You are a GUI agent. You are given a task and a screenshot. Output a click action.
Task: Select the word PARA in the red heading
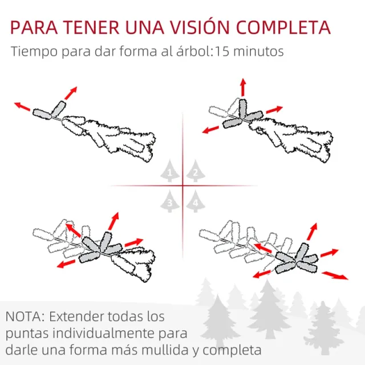point(35,28)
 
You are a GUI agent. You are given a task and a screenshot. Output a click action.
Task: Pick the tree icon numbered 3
point(169,200)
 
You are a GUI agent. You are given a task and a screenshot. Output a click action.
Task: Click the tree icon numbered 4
point(196,200)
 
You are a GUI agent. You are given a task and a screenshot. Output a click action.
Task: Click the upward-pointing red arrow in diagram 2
point(242,87)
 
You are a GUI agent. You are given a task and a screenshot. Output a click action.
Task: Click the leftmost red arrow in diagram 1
point(23,107)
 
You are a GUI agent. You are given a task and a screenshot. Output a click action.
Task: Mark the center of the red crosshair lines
point(182,185)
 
